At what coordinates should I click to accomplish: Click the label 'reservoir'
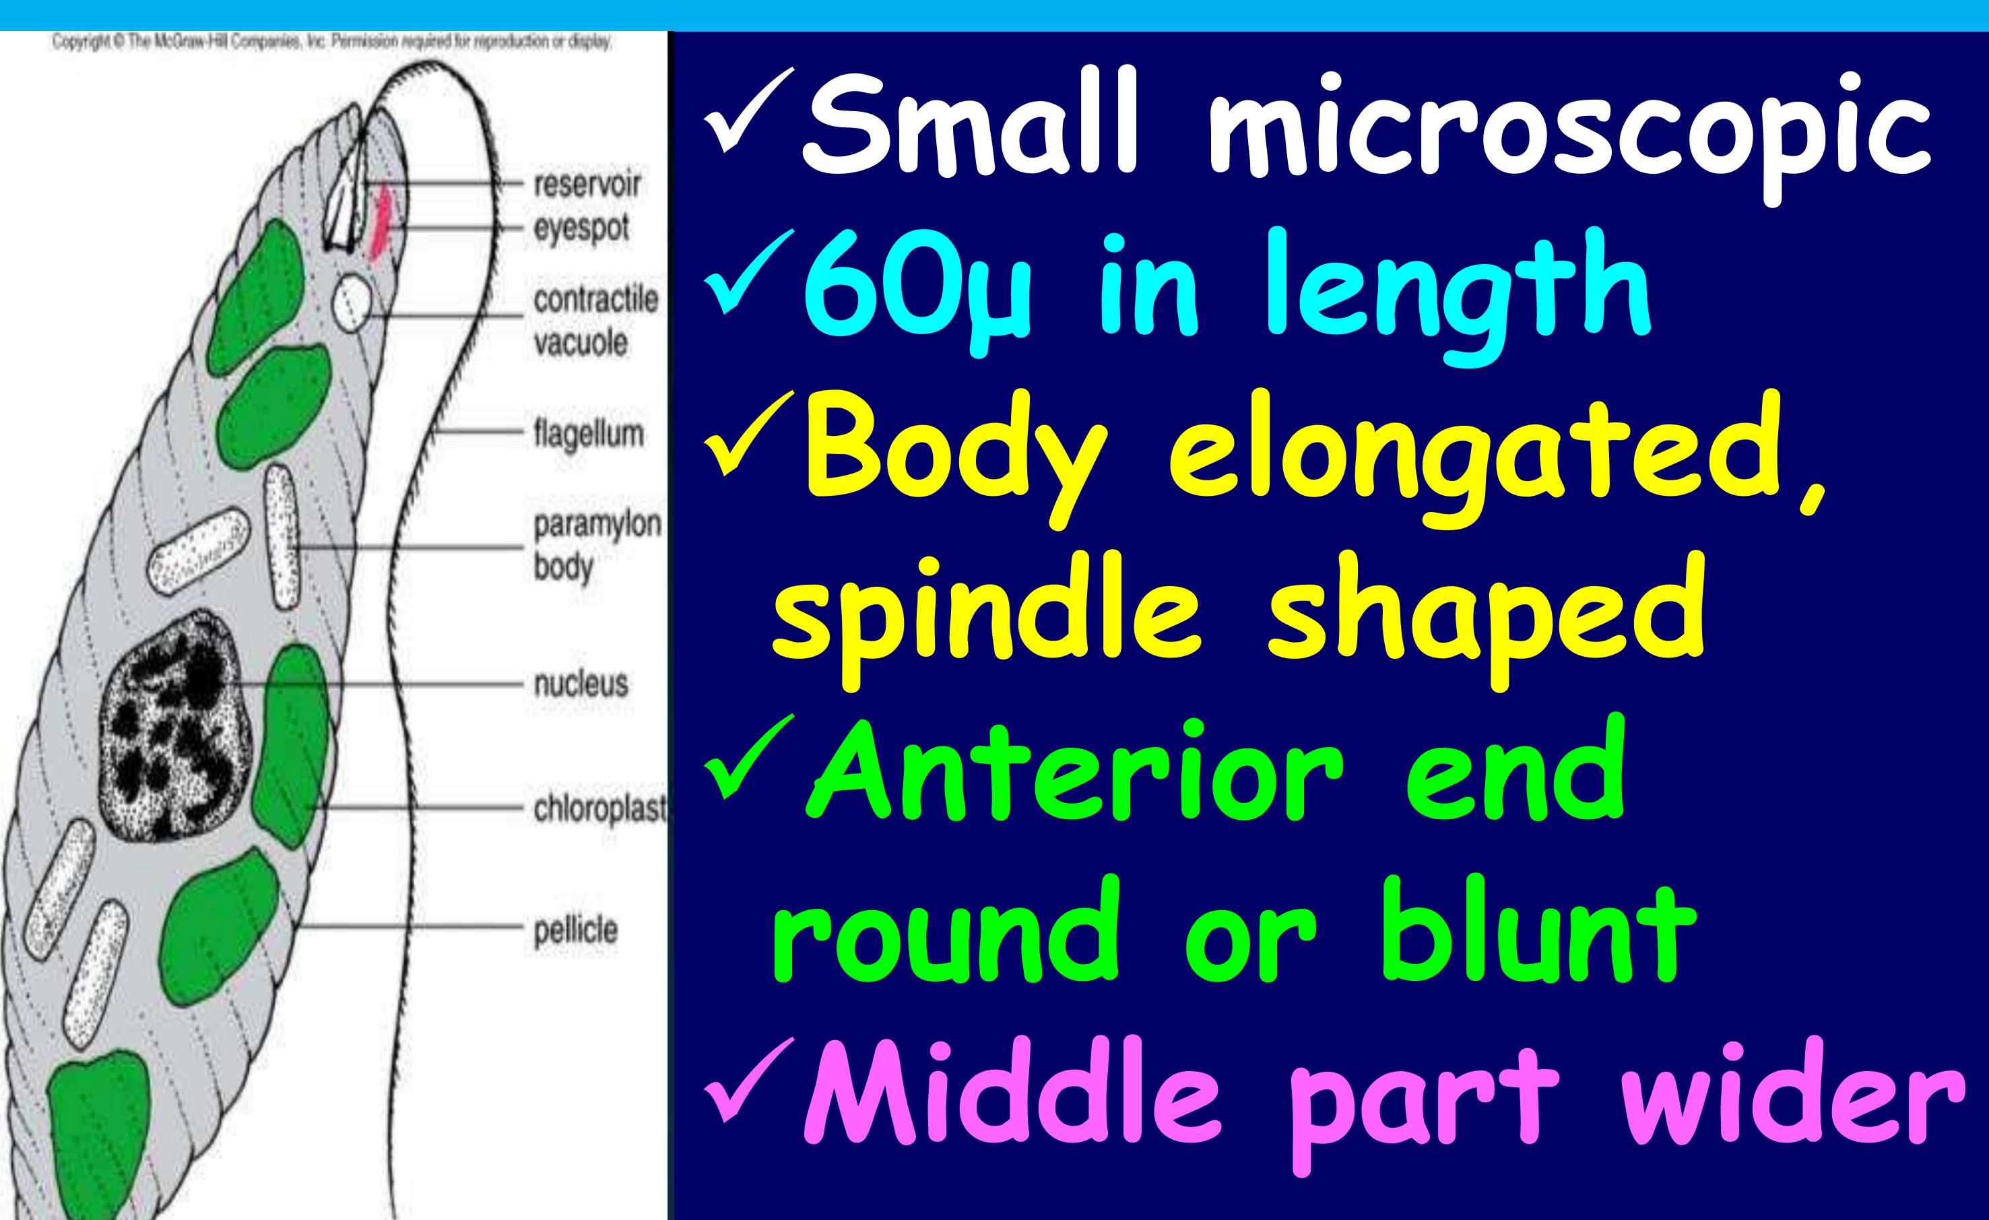tap(587, 185)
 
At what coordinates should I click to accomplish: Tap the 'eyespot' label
tap(581, 228)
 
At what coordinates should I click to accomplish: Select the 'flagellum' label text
tap(589, 435)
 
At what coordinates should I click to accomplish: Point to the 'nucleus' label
tap(581, 684)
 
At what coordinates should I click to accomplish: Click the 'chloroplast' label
tap(599, 808)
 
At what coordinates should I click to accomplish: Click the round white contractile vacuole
tap(353, 302)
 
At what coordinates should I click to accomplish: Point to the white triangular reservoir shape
tap(342, 214)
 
